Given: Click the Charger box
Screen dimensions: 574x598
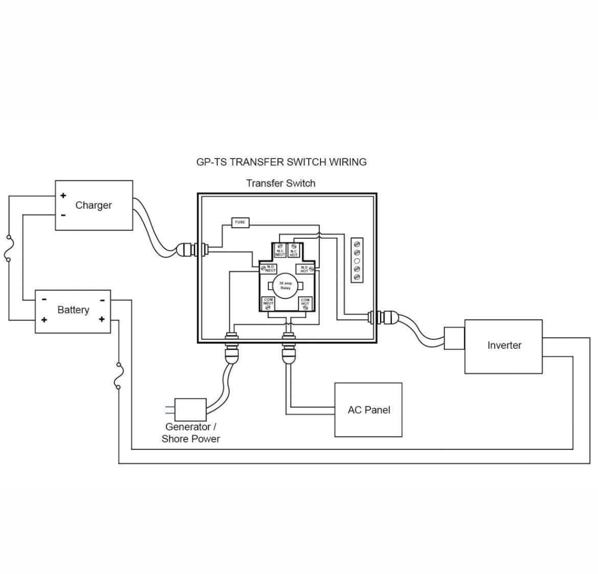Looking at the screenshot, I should [x=94, y=205].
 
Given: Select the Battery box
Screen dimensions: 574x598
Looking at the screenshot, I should [x=73, y=310].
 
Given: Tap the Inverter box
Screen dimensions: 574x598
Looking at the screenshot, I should [x=504, y=346].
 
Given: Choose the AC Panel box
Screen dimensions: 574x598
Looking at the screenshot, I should [x=368, y=410].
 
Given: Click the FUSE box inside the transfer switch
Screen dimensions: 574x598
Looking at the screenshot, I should [x=240, y=222].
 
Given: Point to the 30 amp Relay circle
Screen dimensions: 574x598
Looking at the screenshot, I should [x=285, y=285].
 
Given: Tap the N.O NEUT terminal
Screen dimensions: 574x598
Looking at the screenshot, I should [x=269, y=268].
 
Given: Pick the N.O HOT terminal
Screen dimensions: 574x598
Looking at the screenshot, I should [x=305, y=268].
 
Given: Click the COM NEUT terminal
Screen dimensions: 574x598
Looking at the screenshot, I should [x=269, y=303].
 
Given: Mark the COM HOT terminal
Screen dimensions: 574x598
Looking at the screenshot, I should [x=305, y=303].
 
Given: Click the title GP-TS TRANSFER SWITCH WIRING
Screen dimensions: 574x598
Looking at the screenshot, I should [x=281, y=162].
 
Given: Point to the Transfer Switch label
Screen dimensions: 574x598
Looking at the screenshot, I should [x=280, y=183].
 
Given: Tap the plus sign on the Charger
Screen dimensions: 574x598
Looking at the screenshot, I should [x=63, y=196].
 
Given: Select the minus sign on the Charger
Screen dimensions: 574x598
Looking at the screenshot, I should [x=63, y=215].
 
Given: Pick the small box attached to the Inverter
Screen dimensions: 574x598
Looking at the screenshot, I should [x=454, y=338].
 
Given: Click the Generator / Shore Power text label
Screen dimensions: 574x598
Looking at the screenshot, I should [x=191, y=433].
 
